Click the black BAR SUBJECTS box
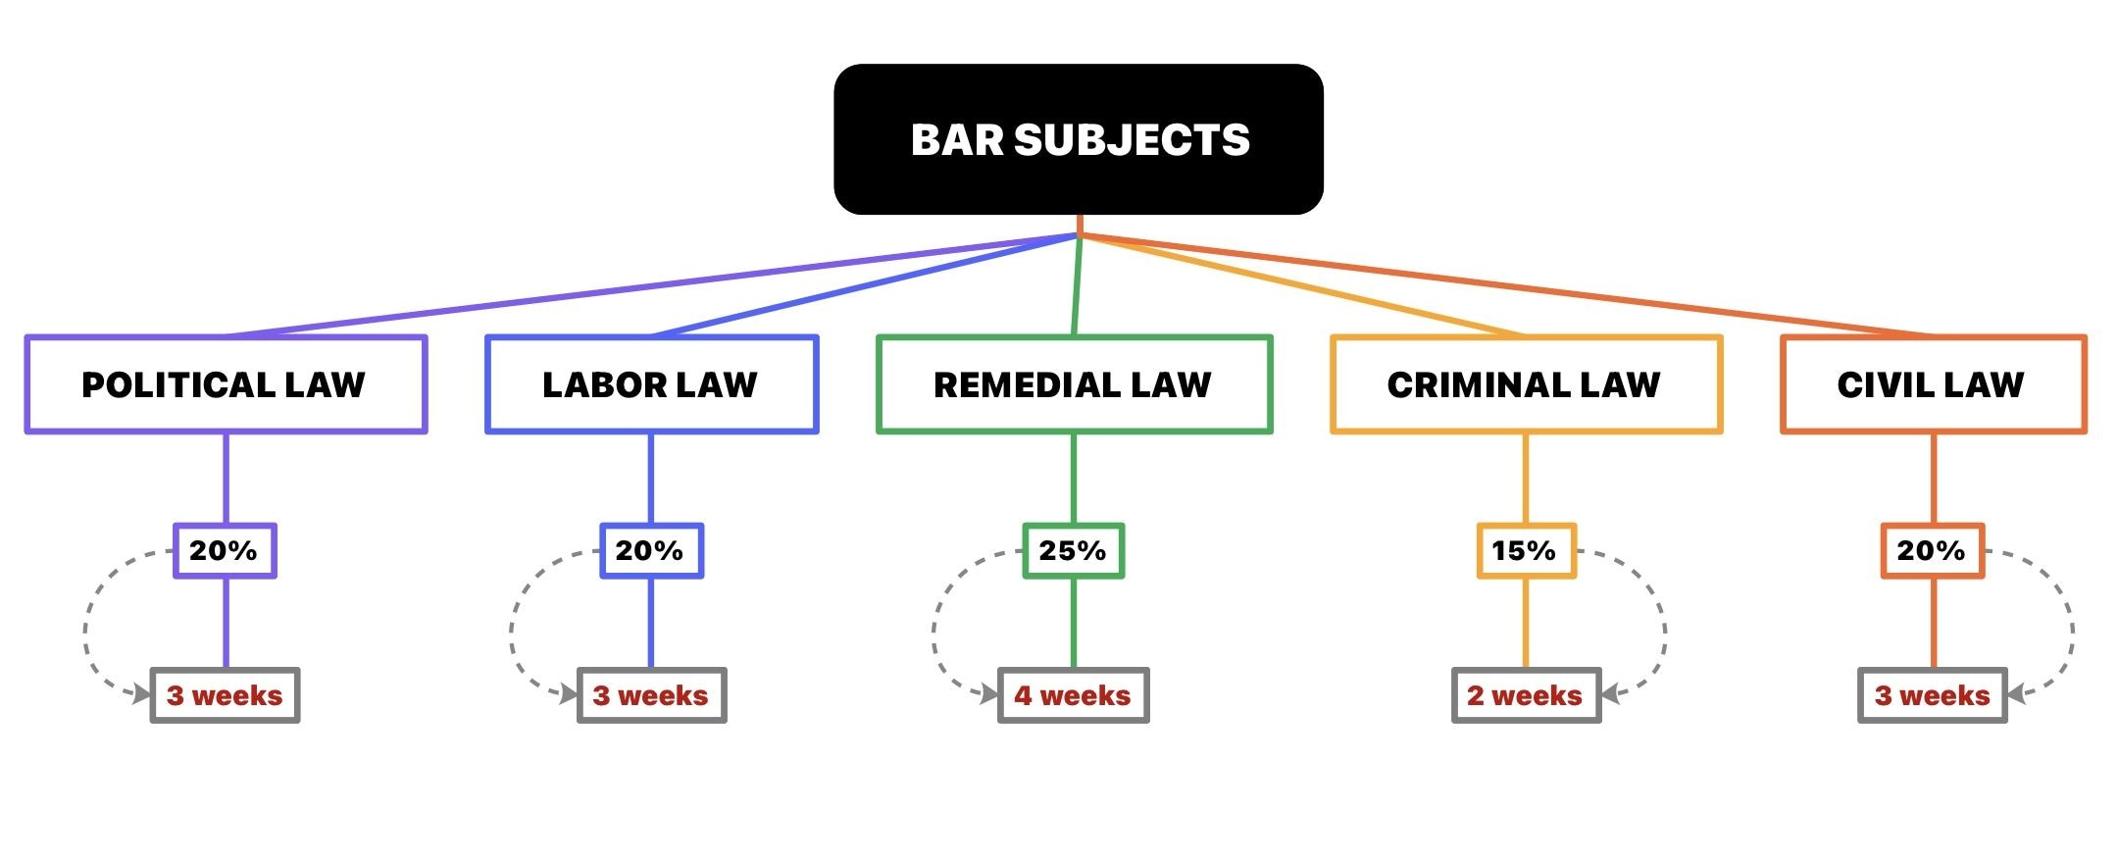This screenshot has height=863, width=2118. tap(1079, 139)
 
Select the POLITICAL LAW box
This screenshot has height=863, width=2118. tap(226, 384)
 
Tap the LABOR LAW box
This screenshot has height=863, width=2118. tap(651, 384)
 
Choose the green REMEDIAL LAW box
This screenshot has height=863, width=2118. tap(1074, 384)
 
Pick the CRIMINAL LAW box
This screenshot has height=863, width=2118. tap(1526, 384)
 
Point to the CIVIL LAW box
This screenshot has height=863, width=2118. tap(1933, 384)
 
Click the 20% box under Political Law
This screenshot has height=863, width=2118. tap(225, 551)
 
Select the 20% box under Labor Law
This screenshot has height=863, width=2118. tap(651, 551)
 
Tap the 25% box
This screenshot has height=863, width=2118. tap(1074, 551)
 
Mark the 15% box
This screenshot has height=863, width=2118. tap(1526, 551)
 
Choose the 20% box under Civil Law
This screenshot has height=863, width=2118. tap(1932, 551)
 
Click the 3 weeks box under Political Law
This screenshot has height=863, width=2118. tap(225, 695)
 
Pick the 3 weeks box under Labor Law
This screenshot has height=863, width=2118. tap(651, 695)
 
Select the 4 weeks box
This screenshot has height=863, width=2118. tap(1074, 695)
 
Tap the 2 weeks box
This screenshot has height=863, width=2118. tap(1526, 695)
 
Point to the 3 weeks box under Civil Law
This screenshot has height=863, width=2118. tap(1933, 695)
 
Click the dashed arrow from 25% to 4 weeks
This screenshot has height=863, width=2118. tap(934, 628)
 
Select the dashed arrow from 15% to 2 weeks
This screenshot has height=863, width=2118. tap(1664, 628)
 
